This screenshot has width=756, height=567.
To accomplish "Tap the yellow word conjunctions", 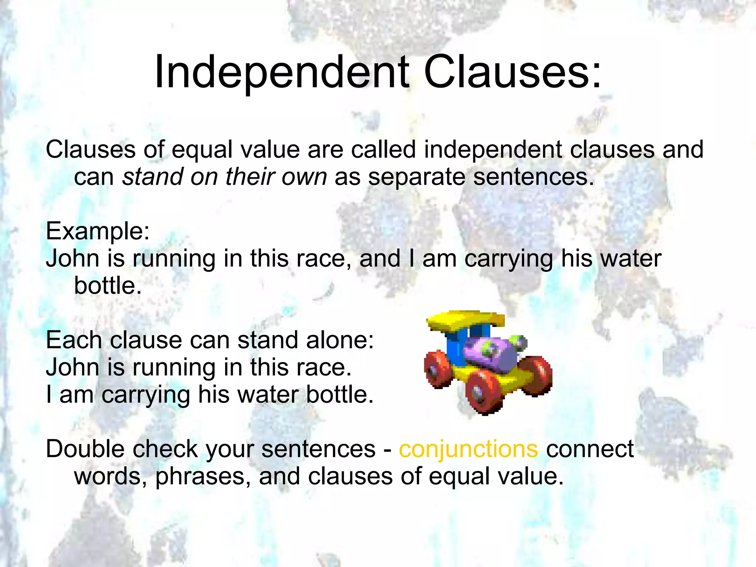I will pos(468,449).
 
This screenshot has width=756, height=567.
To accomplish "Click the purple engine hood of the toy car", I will pos(487,351).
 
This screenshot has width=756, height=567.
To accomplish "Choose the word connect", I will pos(590,449).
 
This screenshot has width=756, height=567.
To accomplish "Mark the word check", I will pos(165,449).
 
